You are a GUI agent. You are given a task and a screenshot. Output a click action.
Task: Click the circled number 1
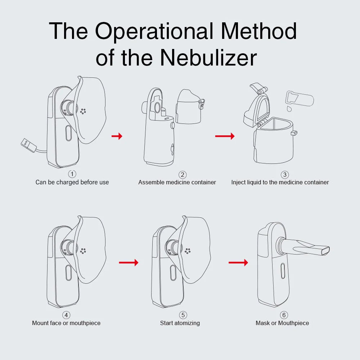pos(72,174)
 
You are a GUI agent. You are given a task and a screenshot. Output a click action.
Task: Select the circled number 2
pos(183,175)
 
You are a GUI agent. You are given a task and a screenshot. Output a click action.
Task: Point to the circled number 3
pos(285,175)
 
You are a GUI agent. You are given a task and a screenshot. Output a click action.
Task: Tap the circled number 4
pos(66,315)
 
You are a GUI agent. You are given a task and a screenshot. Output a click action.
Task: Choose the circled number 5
pos(183,315)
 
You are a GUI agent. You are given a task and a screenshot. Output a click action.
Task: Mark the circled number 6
pos(284,315)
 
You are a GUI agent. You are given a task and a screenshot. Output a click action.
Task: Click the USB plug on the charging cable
pos(28,145)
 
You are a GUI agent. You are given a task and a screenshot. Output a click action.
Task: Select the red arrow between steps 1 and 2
pos(117,136)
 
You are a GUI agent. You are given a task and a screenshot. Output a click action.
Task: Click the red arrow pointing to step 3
pos(225,136)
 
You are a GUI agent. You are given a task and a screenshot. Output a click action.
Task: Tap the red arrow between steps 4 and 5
pos(129,262)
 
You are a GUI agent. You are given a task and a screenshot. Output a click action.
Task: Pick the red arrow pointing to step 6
pos(238,262)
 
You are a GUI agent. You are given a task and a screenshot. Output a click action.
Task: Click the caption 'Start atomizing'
pos(180,323)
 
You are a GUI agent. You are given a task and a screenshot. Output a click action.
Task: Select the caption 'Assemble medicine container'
pos(177,182)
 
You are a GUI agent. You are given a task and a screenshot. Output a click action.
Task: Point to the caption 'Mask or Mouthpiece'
pos(282,323)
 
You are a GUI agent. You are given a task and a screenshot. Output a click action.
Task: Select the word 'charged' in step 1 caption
pos(67,182)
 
